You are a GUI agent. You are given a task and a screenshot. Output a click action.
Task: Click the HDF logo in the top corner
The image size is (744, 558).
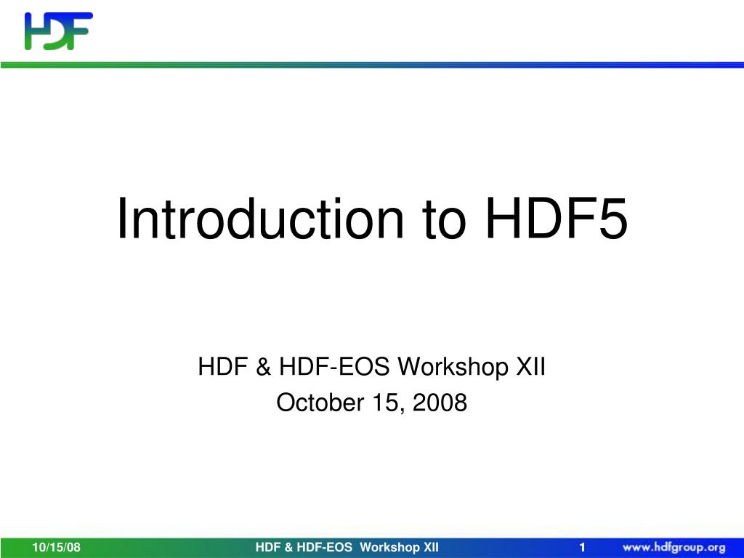(59, 31)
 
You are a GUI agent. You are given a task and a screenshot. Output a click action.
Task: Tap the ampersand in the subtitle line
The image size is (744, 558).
(262, 368)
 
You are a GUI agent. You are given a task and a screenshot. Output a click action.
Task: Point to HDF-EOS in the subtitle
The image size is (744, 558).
(323, 368)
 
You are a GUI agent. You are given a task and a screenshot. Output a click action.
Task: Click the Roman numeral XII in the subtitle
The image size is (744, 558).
(530, 368)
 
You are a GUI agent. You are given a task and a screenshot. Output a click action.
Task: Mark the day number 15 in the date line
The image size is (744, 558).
(377, 402)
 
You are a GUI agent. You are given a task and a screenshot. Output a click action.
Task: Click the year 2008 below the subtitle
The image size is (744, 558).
(439, 402)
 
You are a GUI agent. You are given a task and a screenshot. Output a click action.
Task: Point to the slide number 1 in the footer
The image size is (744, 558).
(582, 548)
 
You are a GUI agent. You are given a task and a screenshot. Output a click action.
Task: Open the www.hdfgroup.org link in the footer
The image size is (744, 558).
(673, 548)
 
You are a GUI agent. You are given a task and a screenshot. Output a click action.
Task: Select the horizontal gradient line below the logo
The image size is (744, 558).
(372, 65)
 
